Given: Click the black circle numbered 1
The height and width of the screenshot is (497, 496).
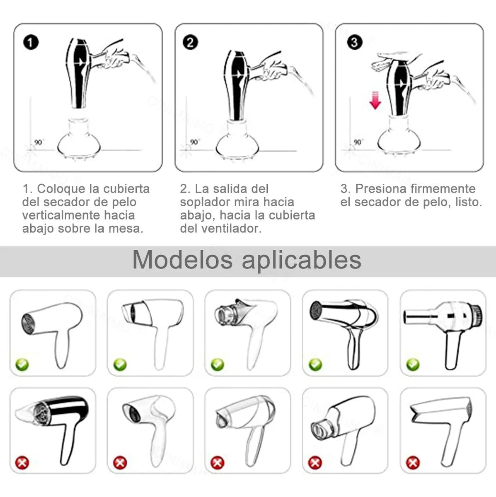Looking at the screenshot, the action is (31, 43).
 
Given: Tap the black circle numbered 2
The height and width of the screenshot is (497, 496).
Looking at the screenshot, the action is (190, 43).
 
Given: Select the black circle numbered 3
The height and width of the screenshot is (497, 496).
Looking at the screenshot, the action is (354, 42).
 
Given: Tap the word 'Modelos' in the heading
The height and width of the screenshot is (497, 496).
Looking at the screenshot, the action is (182, 260).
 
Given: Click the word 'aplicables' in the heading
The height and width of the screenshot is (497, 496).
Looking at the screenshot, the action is (301, 261).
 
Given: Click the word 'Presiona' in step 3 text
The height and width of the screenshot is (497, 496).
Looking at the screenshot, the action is (381, 189).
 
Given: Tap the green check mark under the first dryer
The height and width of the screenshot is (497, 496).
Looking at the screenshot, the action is (22, 364).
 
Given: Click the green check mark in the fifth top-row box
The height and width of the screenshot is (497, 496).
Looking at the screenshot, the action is (413, 364).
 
